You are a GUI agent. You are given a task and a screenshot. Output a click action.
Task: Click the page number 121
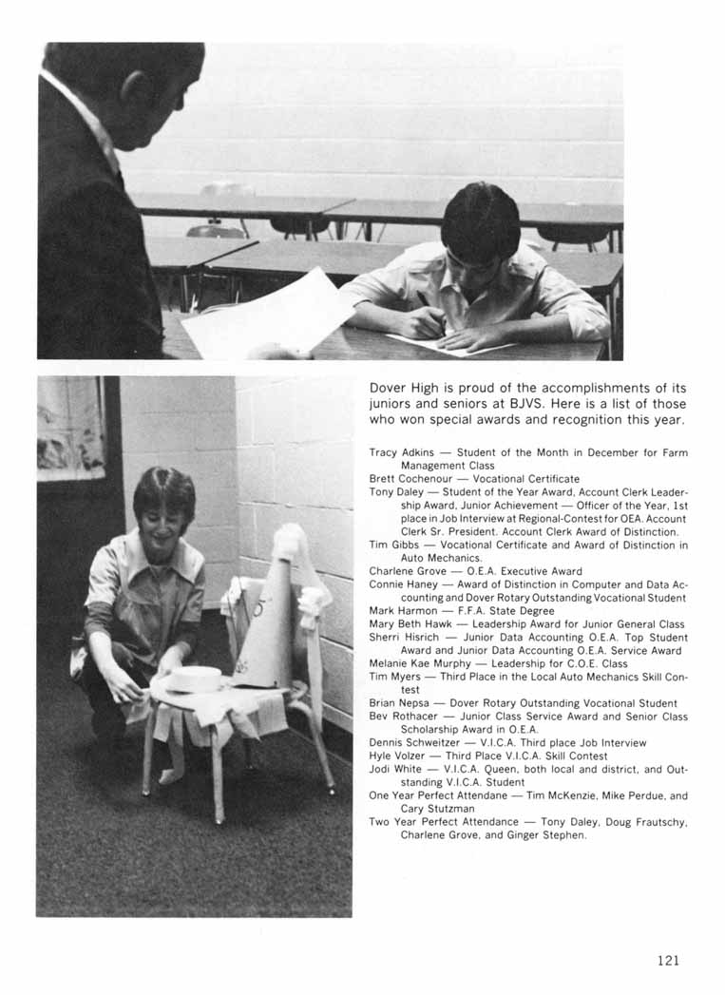click(x=668, y=961)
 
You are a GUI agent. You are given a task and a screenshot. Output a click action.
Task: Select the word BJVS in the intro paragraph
click(x=514, y=404)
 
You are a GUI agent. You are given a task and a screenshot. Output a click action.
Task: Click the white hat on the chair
click(x=194, y=678)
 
